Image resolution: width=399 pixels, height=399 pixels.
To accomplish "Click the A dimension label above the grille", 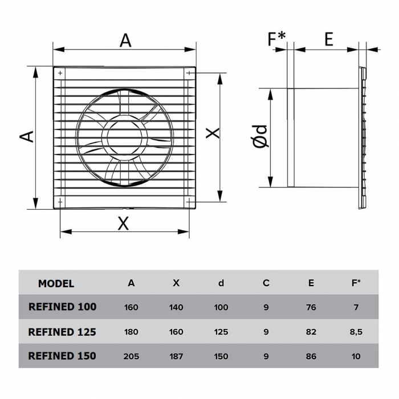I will [125, 40].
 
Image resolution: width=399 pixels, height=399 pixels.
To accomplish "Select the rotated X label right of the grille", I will [213, 133].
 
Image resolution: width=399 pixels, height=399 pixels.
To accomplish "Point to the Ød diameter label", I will [259, 137].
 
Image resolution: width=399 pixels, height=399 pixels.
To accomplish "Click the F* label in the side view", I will [277, 39].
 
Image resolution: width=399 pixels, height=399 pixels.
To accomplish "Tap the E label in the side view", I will [329, 39].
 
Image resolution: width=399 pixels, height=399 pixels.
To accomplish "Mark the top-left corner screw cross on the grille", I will [60, 72].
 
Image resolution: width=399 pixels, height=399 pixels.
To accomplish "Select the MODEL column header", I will [56, 283].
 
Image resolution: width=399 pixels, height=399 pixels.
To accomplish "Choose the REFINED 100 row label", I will [62, 307].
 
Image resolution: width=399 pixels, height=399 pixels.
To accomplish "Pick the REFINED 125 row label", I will [62, 332].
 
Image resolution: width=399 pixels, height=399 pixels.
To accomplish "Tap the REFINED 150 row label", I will [62, 356].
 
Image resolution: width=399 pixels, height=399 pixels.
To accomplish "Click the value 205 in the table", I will [131, 356].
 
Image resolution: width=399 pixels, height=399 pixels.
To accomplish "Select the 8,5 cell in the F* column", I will [356, 332].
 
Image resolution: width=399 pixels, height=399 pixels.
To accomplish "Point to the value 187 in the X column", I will [176, 356].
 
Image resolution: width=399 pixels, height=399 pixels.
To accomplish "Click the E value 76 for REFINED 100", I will [311, 307].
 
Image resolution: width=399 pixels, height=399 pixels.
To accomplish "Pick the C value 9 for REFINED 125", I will [266, 332].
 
